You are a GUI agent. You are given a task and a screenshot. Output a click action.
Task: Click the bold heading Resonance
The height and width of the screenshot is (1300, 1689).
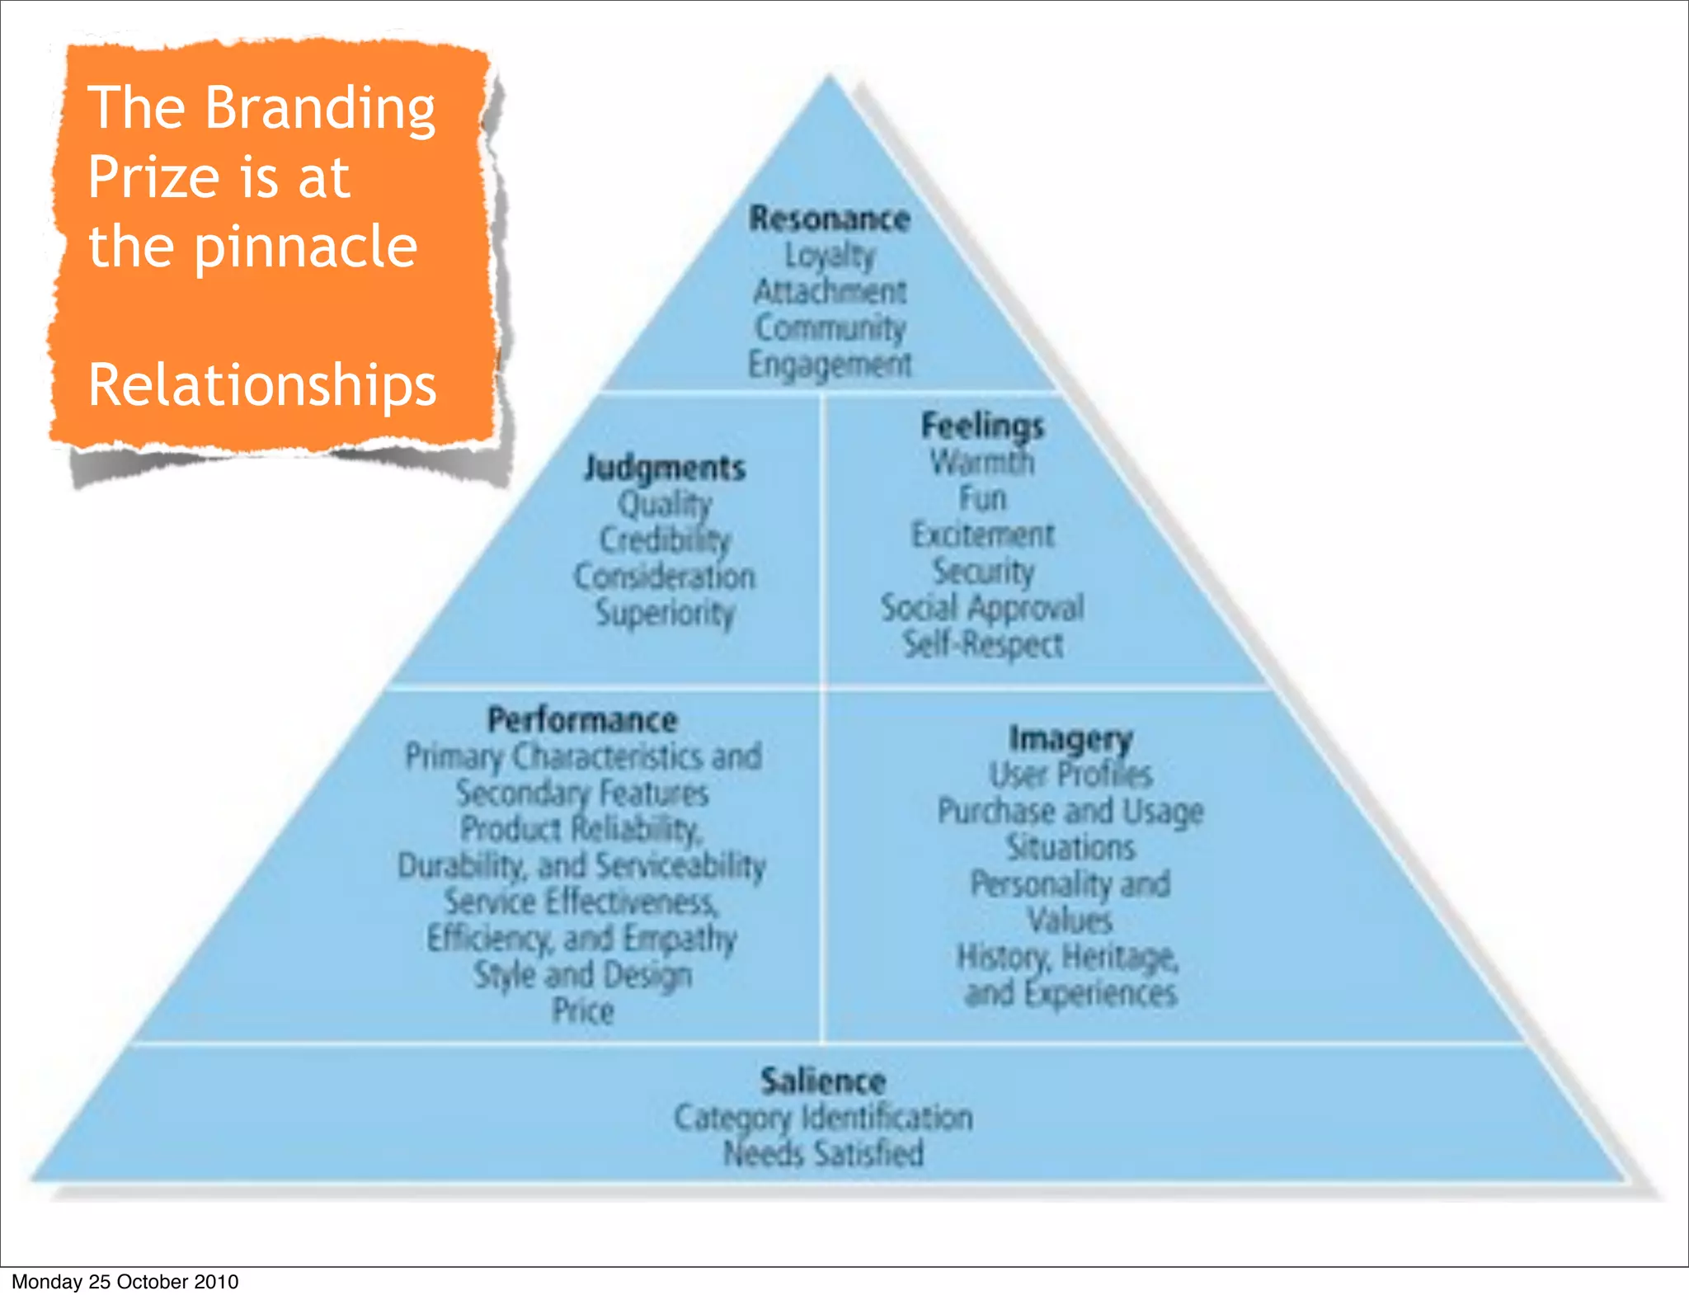pos(830,219)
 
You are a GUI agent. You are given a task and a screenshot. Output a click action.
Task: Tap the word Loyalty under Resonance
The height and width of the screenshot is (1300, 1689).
pos(830,256)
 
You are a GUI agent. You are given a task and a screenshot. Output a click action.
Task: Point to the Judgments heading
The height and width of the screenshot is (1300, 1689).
pos(665,469)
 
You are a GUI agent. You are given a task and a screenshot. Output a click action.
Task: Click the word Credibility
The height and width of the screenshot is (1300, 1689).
pos(665,540)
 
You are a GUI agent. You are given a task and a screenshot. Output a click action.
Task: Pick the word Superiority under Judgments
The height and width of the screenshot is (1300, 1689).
pos(665,613)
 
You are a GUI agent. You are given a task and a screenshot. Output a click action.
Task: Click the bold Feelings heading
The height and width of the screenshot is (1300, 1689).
pos(982,426)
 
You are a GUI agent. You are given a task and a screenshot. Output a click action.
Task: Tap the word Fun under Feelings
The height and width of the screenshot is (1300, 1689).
pos(982,499)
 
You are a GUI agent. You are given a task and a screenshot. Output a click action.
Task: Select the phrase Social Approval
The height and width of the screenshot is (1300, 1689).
pos(982,608)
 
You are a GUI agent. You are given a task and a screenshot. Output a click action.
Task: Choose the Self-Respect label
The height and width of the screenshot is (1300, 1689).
pos(982,644)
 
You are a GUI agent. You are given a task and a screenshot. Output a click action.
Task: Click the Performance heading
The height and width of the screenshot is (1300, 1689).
pos(582,720)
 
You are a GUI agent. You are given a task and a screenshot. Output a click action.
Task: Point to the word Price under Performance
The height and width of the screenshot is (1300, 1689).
pos(583,1010)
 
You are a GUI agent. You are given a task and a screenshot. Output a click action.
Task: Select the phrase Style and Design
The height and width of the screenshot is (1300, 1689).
pos(582,974)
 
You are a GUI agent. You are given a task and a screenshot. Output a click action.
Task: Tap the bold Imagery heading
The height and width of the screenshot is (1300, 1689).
pos(1070,738)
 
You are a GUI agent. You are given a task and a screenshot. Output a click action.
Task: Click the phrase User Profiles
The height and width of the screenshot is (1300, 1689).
pos(1070,775)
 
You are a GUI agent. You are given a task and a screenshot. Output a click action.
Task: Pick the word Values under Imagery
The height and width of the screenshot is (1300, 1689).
pos(1070,920)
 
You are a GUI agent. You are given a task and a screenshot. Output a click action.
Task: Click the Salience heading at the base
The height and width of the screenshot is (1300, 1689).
pos(823,1081)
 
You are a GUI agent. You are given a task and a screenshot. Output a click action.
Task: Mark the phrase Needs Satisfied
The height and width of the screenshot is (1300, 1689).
pos(823,1154)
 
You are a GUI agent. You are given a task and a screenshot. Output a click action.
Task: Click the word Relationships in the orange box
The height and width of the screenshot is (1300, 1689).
pos(262,385)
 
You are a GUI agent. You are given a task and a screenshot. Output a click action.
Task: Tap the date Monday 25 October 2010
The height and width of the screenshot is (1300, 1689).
pos(125,1282)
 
